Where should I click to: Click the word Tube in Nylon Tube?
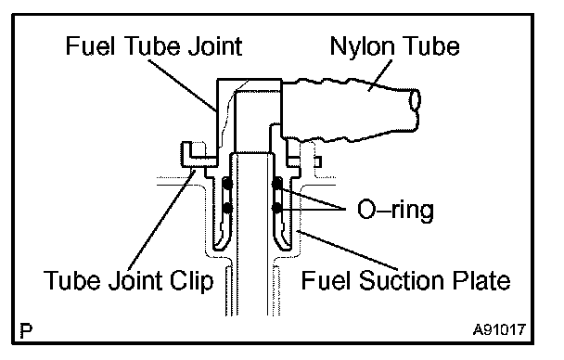[428, 46]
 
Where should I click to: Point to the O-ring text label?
[395, 210]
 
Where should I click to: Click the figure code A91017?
[499, 329]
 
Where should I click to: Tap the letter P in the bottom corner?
[26, 330]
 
